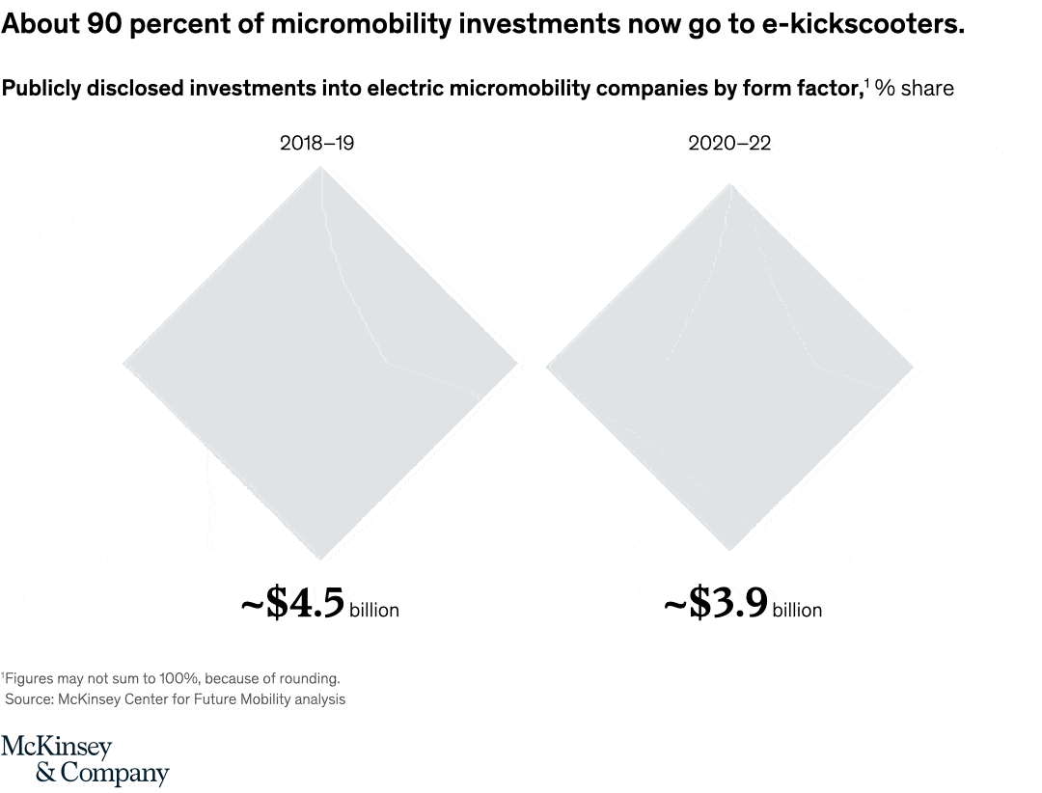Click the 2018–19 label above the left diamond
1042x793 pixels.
[316, 144]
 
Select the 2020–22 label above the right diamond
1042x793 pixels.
[729, 144]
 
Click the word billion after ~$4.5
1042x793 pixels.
[373, 610]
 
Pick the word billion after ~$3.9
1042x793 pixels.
[797, 610]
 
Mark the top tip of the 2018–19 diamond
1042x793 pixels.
[320, 168]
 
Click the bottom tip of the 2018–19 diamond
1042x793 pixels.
[320, 559]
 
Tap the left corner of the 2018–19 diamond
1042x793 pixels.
[125, 364]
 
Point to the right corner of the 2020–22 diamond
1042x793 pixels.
[911, 367]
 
